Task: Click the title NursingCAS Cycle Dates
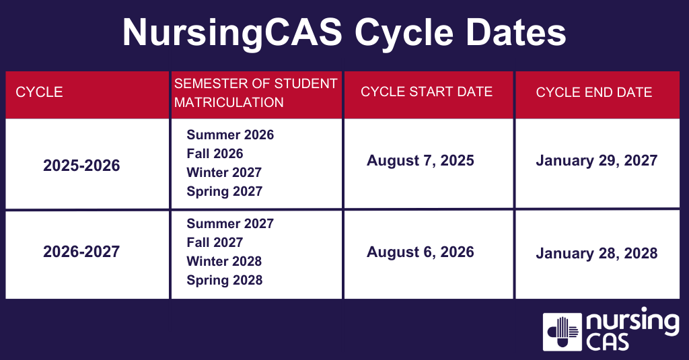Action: (344, 33)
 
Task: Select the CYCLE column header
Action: (39, 92)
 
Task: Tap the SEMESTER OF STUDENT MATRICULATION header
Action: (256, 93)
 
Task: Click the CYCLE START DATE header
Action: (427, 92)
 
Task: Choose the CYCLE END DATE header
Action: (594, 92)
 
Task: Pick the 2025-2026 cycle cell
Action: (81, 165)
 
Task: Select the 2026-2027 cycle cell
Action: (81, 252)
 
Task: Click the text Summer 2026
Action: (230, 135)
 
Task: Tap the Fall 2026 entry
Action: (215, 153)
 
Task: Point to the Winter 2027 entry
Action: (224, 172)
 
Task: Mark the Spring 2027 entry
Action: (224, 191)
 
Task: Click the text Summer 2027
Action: (230, 223)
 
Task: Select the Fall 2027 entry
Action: (215, 242)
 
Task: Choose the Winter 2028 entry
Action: (224, 261)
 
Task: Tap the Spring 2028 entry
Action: (224, 280)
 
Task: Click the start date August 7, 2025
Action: (421, 160)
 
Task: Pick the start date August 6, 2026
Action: (421, 252)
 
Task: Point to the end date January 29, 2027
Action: (597, 160)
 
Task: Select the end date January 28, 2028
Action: (597, 254)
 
